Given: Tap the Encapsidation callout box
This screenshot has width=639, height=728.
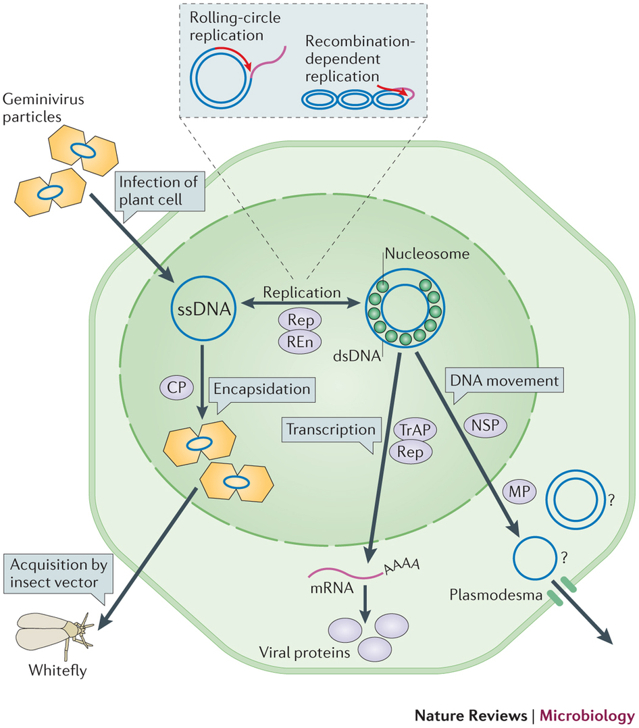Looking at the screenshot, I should point(261,390).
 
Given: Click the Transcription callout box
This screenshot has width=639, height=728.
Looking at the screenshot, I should point(330,430).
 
